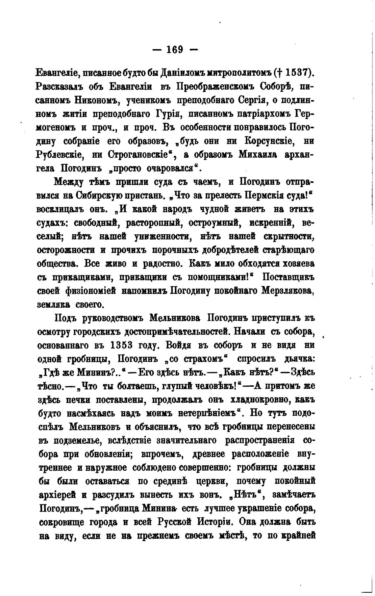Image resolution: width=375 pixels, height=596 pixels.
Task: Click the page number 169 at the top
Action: tap(174, 50)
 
